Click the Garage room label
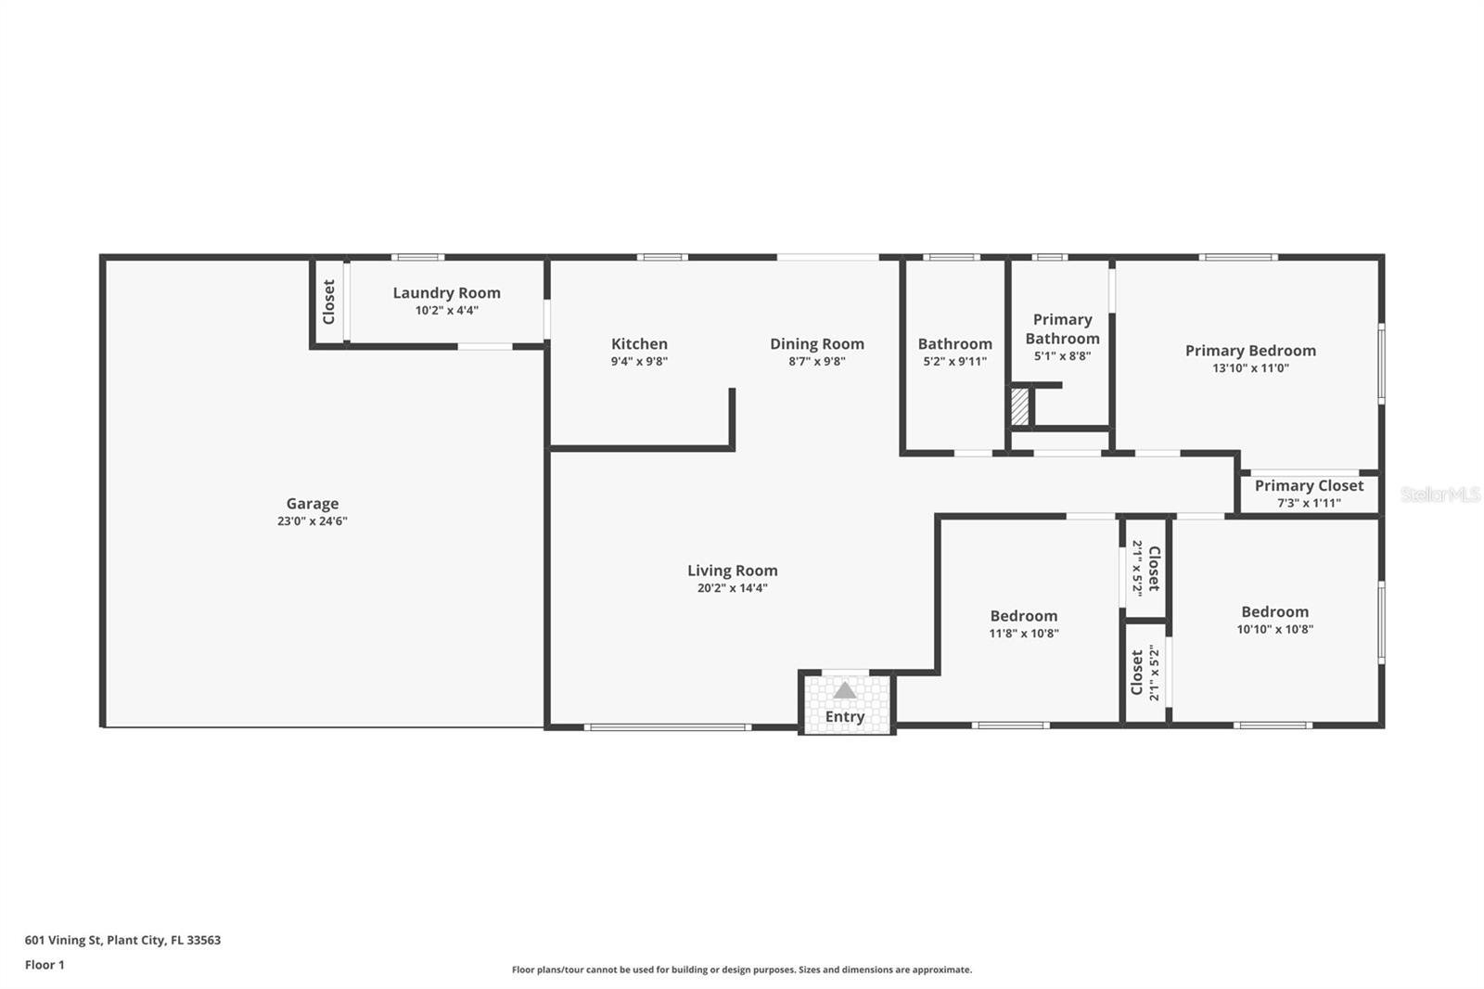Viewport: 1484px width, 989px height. point(312,504)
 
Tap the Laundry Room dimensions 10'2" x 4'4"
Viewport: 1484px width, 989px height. point(446,311)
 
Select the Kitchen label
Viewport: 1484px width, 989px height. point(639,343)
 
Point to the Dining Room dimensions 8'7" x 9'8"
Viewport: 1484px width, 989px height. point(816,362)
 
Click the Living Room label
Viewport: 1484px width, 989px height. point(732,571)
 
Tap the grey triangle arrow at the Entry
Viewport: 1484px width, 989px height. point(844,690)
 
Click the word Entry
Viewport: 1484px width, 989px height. point(844,716)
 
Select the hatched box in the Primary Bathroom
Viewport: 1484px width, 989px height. point(1019,406)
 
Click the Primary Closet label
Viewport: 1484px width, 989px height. point(1309,485)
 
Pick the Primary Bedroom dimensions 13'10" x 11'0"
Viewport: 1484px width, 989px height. point(1250,368)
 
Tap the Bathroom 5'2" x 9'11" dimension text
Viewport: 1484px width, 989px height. point(954,362)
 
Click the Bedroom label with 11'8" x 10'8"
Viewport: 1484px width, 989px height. point(1023,616)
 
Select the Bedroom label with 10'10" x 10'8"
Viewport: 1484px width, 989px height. point(1274,611)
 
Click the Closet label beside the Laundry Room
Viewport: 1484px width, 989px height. point(328,302)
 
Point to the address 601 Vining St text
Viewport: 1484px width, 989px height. point(122,940)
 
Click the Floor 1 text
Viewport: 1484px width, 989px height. point(45,965)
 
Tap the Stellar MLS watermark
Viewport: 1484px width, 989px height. point(1439,494)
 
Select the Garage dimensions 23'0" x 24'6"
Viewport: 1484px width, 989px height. point(312,521)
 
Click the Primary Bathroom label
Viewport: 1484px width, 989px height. point(1062,328)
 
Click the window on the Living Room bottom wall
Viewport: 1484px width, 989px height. point(667,727)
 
